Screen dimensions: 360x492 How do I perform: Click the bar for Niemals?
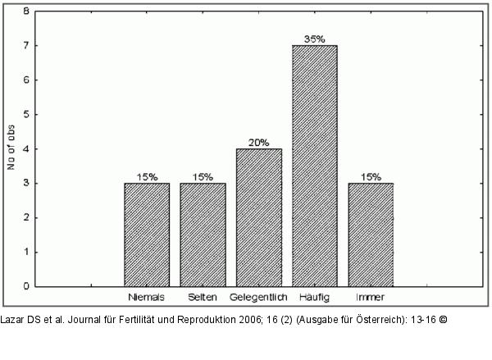[147, 235]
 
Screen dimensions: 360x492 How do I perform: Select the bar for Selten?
[203, 235]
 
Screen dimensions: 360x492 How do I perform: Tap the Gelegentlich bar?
[258, 217]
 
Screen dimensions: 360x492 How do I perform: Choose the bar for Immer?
[370, 235]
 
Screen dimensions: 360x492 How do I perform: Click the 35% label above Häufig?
[314, 39]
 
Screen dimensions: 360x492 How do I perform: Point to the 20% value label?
[258, 142]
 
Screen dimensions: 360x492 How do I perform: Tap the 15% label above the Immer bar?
[370, 176]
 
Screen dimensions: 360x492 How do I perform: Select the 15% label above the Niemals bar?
[147, 176]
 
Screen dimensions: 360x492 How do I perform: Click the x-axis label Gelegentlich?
[258, 296]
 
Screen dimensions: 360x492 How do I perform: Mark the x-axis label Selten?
[203, 296]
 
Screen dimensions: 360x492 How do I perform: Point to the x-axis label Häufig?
[314, 296]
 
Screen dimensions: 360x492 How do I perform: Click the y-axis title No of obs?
[11, 148]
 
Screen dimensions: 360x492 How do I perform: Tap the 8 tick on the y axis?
[27, 11]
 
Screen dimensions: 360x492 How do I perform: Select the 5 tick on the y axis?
[27, 115]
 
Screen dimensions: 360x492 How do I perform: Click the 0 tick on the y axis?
[27, 286]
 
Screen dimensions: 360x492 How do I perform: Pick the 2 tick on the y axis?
[27, 217]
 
